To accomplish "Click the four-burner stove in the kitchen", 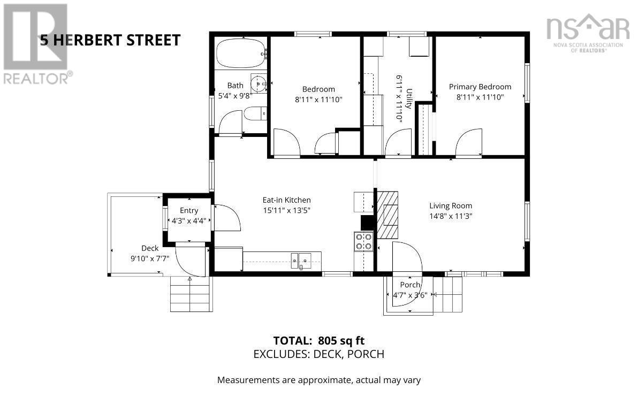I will tap(364, 242).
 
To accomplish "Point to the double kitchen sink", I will tap(301, 261).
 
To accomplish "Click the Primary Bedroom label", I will tap(480, 87).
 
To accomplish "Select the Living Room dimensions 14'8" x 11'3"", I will tap(451, 216).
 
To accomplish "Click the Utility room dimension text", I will tap(399, 98).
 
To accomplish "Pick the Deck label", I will tap(150, 248).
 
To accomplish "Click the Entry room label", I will tap(188, 211).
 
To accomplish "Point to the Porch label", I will tap(409, 285).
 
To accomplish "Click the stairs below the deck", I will tap(191, 294).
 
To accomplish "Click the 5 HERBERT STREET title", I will tap(110, 40).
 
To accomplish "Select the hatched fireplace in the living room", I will tap(388, 215).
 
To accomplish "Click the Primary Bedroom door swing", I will tap(468, 143).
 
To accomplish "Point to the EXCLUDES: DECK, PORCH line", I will tap(318, 354).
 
